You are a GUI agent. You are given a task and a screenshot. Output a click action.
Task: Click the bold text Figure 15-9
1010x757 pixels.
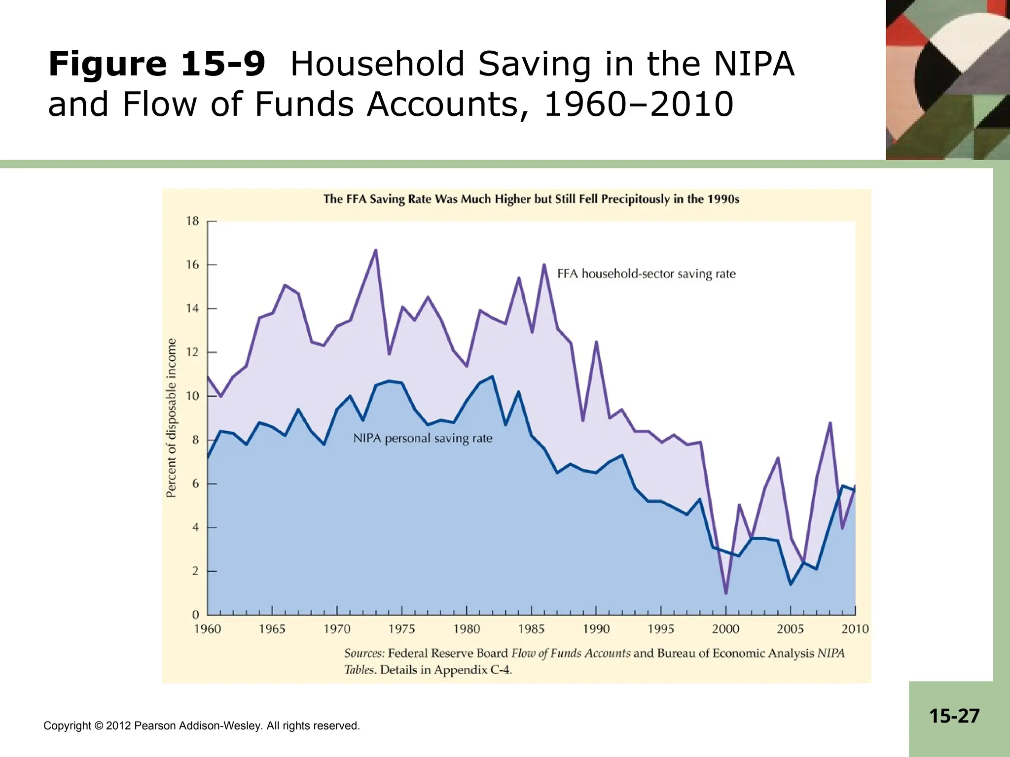pos(157,65)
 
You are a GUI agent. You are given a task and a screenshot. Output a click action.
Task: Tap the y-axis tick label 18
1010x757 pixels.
pos(192,221)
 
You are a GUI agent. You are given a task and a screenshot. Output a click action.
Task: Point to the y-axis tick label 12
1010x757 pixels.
pos(192,352)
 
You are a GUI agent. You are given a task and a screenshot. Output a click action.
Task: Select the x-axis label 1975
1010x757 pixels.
pos(401,629)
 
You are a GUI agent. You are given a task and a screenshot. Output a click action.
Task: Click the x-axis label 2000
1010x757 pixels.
pos(725,629)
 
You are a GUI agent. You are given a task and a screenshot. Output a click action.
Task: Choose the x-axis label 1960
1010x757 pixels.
pos(208,629)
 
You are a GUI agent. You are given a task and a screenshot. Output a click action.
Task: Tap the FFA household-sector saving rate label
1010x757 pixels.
pos(646,274)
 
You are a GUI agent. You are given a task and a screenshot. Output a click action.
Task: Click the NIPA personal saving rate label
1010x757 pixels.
pos(423,438)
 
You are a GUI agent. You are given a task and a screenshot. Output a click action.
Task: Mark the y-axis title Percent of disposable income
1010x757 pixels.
pos(171,418)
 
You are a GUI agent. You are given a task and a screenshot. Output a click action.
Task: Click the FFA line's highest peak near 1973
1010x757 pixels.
pos(376,250)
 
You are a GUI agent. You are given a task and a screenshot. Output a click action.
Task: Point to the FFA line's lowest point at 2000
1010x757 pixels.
pos(726,593)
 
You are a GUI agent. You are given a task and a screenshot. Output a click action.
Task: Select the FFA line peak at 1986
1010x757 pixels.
pos(544,265)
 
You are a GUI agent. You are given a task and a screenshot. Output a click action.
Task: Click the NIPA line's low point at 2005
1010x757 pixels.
pos(791,585)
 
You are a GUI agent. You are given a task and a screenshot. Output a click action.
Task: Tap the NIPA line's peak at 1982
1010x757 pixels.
pos(492,377)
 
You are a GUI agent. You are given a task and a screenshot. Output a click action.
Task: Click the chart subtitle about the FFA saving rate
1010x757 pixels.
pos(531,199)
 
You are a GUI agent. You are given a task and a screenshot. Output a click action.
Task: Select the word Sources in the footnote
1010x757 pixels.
pos(364,654)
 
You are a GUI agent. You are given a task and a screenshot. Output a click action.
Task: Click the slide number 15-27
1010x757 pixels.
pos(954,716)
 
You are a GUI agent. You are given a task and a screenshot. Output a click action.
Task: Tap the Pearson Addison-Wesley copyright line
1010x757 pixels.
pos(202,725)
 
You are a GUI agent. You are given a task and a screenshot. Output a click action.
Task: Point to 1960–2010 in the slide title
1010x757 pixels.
pos(638,104)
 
